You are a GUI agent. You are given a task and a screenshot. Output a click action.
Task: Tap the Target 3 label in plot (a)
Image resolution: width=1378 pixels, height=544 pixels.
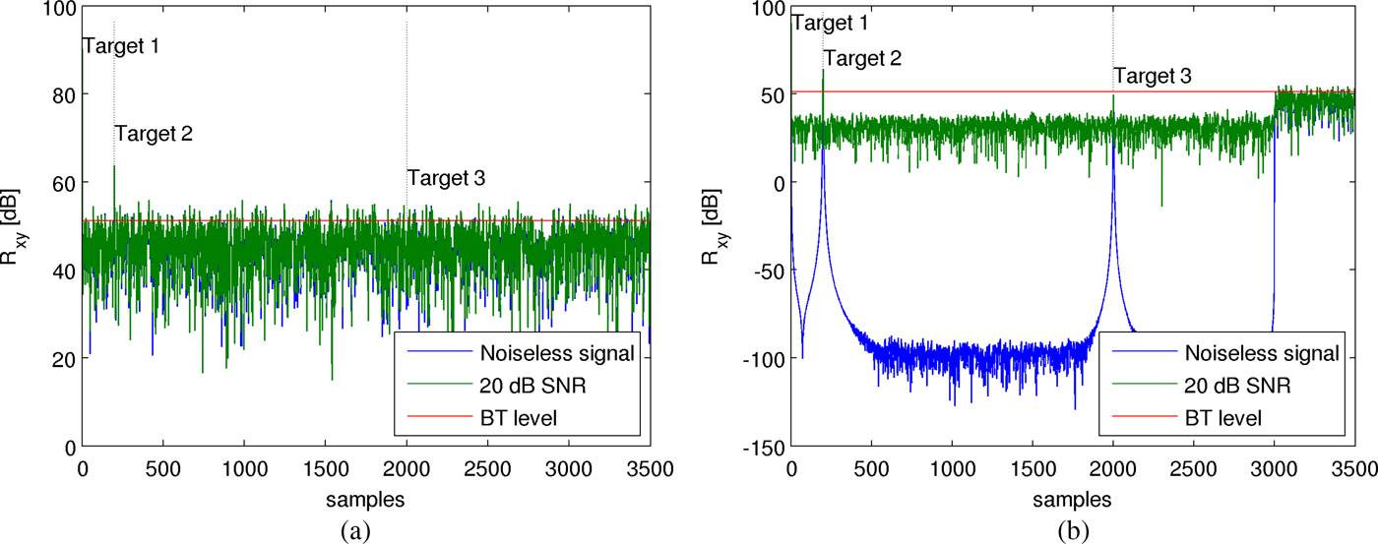click(x=446, y=178)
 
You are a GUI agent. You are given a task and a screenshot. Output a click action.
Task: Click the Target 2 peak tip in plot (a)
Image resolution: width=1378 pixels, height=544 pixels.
click(x=114, y=166)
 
